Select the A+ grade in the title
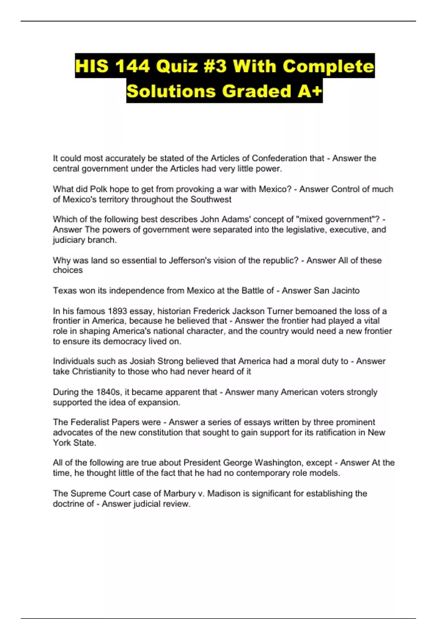pos(310,91)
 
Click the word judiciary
pos(70,240)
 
